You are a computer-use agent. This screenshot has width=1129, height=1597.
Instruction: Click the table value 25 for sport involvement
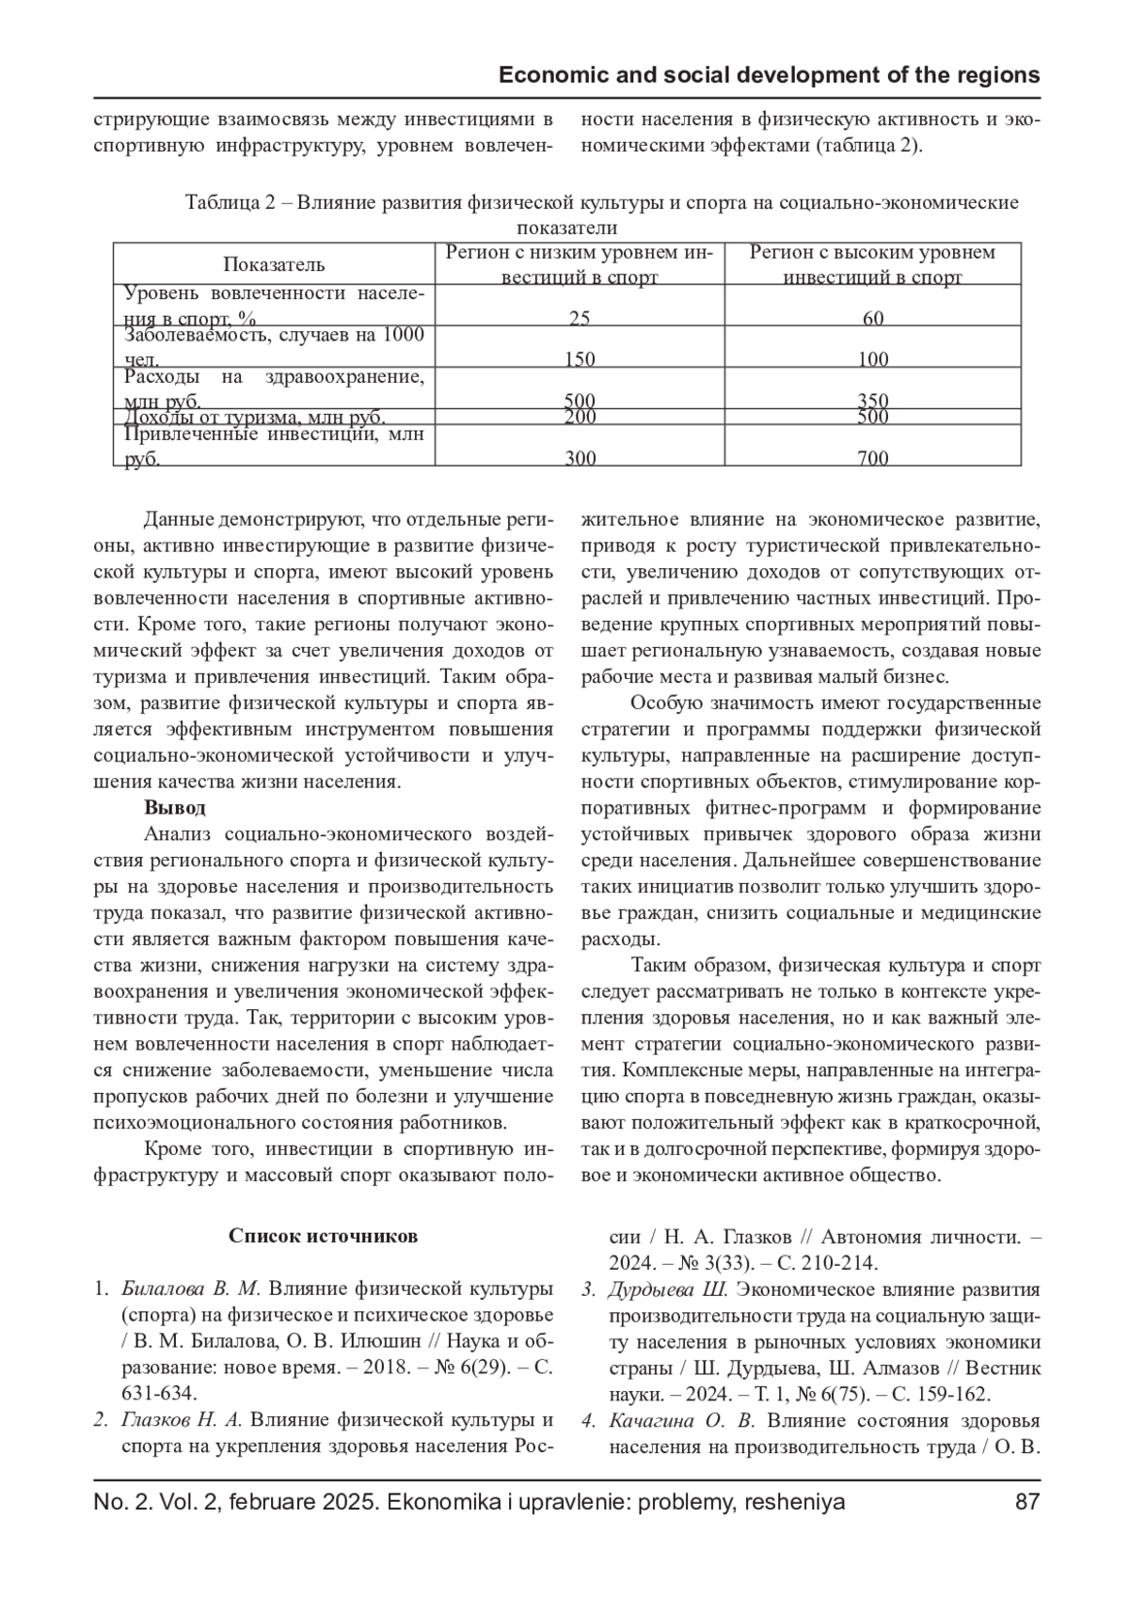click(580, 318)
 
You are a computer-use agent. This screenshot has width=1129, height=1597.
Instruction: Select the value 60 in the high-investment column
click(873, 318)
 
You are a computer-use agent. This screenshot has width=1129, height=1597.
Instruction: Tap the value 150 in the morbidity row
click(580, 358)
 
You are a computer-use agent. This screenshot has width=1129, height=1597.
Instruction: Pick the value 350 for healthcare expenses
click(873, 401)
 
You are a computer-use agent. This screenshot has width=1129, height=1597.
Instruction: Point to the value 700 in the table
click(873, 459)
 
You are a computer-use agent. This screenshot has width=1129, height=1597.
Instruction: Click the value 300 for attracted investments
click(580, 459)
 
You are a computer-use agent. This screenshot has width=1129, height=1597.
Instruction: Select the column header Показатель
click(274, 264)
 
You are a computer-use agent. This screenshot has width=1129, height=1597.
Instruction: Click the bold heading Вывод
click(175, 807)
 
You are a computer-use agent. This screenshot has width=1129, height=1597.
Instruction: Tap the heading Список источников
click(323, 1236)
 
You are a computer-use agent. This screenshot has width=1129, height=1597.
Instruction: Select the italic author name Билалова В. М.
click(196, 1288)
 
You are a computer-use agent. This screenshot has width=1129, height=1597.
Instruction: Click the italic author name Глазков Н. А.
click(182, 1420)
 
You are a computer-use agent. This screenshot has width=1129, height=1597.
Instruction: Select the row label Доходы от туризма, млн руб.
click(254, 418)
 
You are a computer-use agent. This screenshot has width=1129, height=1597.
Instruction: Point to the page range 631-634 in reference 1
click(155, 1393)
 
